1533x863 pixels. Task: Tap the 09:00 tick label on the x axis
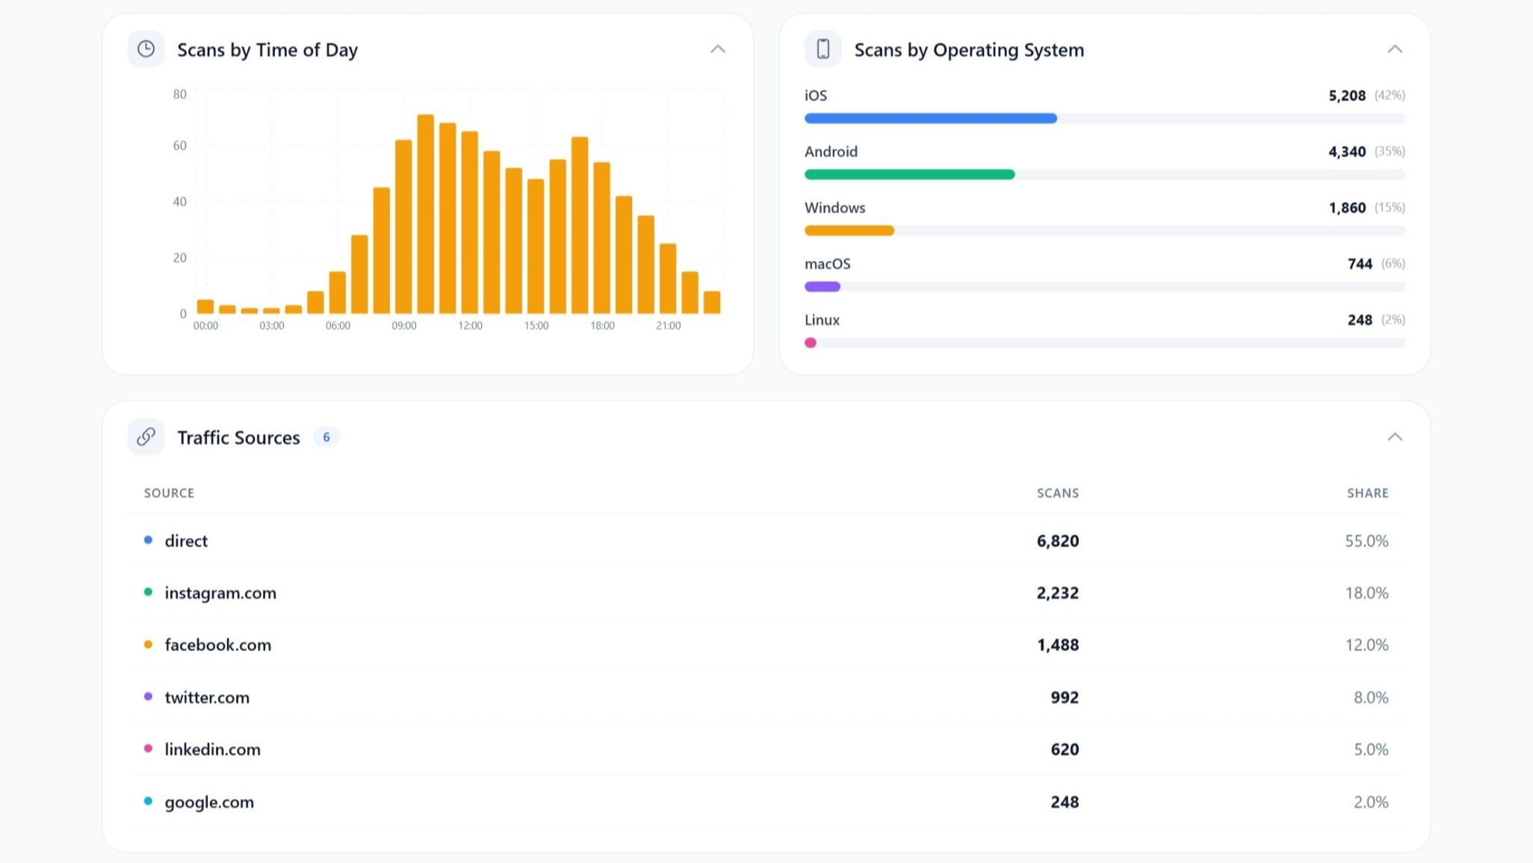tap(403, 326)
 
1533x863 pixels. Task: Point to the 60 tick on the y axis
tap(179, 146)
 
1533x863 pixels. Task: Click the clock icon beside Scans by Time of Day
tap(146, 49)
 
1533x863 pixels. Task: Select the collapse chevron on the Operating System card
tap(1394, 49)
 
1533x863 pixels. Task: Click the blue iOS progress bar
tap(930, 118)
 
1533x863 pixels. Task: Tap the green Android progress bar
tap(909, 174)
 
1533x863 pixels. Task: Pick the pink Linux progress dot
tap(811, 343)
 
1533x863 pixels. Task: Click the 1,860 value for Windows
tap(1346, 208)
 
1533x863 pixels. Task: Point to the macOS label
tap(827, 264)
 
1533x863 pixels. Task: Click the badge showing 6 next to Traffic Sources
tap(326, 437)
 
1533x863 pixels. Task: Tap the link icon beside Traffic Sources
tap(146, 437)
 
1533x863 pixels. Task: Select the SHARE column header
tap(1367, 493)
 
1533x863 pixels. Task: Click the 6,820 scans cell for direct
tap(1057, 541)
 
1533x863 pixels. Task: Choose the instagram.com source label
tap(220, 593)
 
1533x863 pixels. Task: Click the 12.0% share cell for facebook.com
tap(1366, 645)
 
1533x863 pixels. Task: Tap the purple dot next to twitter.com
tap(148, 696)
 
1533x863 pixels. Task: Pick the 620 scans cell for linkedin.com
tap(1064, 749)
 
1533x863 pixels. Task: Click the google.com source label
tap(209, 802)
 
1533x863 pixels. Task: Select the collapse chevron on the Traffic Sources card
tap(1394, 437)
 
